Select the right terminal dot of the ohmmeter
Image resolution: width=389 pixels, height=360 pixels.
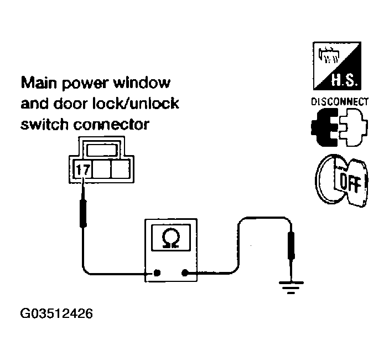coord(185,272)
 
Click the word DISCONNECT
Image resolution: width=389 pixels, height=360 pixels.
coord(340,102)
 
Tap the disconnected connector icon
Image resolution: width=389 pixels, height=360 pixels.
coord(339,126)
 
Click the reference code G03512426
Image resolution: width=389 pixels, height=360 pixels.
coord(56,314)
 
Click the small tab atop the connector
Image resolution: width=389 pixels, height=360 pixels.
coord(101,150)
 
